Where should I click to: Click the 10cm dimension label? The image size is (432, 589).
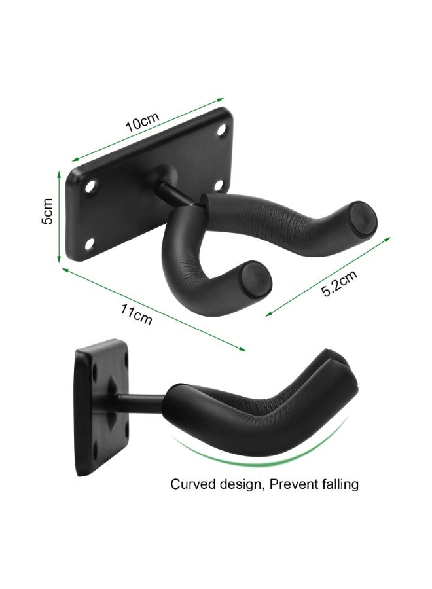coord(142,121)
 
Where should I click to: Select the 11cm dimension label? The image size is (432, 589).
coord(136,314)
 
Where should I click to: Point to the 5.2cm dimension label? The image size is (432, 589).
coord(339,283)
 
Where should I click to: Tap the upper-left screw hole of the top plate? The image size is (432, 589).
coord(90,186)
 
